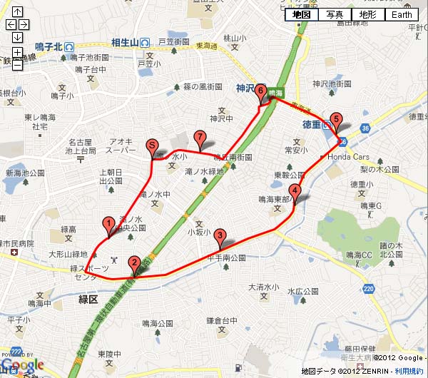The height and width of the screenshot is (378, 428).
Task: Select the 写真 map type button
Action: (335, 14)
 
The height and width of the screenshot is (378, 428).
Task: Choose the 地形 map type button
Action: (367, 14)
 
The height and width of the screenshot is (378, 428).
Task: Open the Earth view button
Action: (403, 14)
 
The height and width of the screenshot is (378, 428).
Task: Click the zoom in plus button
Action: (17, 52)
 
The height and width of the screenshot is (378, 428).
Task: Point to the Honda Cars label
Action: (349, 156)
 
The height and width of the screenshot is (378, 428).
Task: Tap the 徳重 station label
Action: (306, 123)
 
